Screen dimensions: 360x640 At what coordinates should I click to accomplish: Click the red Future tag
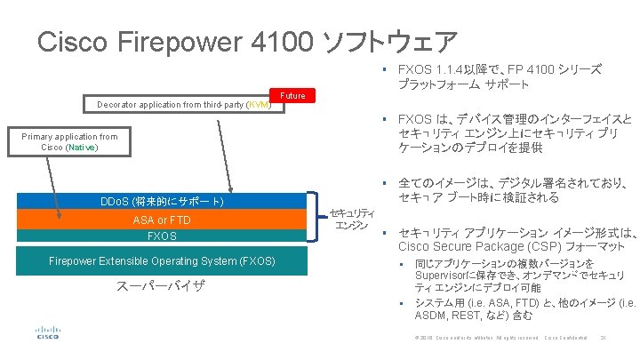[292, 95]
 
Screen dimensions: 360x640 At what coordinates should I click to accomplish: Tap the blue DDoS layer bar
[161, 203]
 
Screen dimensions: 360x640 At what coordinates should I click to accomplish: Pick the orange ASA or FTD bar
[161, 220]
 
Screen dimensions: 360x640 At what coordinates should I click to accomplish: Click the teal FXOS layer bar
[161, 236]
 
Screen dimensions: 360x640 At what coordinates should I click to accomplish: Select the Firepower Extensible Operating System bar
[161, 260]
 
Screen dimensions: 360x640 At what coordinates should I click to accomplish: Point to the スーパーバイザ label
[161, 286]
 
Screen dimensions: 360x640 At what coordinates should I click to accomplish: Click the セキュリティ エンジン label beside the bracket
[352, 219]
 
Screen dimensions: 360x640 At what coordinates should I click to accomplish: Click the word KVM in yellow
[260, 105]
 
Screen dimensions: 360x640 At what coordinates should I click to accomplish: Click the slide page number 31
[603, 337]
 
